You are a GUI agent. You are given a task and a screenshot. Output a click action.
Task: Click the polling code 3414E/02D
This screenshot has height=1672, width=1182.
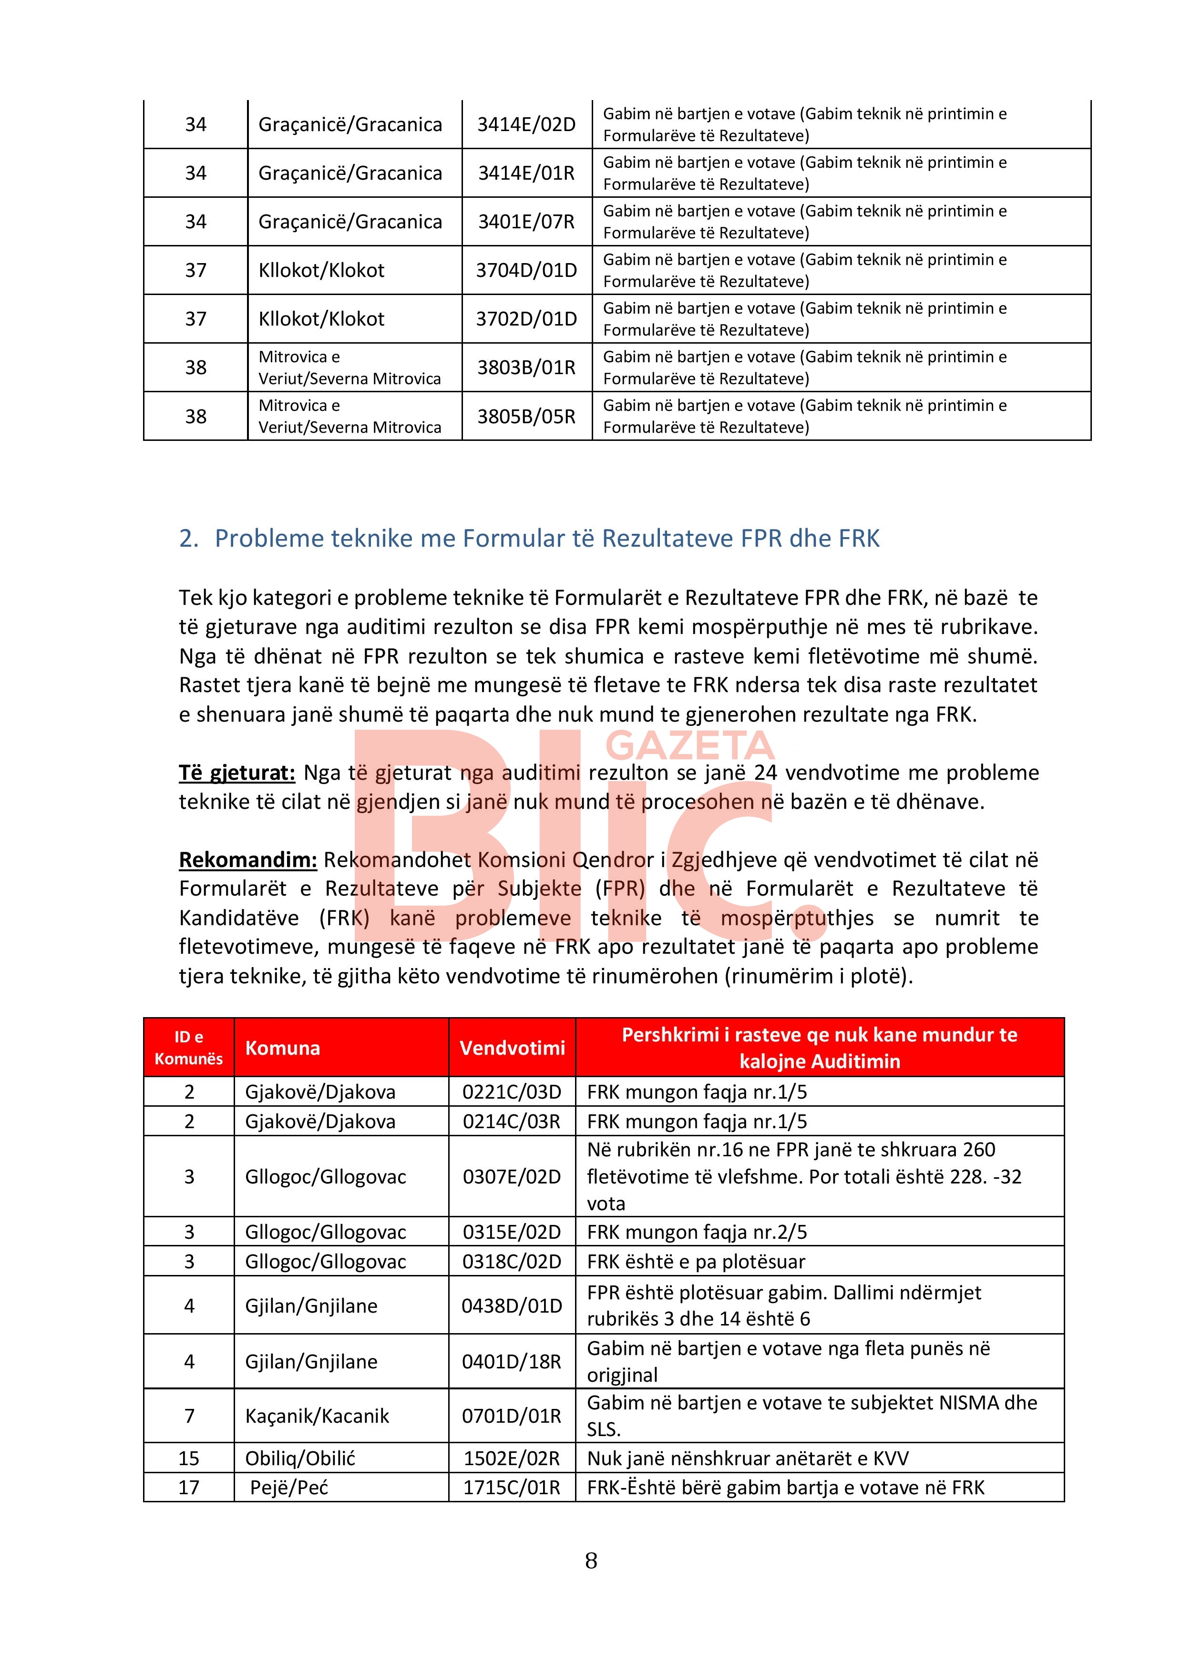[526, 124]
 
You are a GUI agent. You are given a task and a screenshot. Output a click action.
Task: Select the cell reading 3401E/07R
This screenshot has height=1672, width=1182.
[526, 221]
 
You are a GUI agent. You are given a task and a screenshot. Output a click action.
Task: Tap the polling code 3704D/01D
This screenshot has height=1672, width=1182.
[526, 270]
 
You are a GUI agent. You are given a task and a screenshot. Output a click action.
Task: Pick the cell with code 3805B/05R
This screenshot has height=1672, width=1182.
[526, 417]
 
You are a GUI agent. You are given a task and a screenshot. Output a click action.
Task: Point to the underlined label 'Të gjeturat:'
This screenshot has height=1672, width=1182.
[236, 772]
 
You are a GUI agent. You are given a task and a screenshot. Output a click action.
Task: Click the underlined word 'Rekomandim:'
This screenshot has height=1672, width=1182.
[247, 859]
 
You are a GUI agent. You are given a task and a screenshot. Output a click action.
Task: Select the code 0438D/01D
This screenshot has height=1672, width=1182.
[512, 1305]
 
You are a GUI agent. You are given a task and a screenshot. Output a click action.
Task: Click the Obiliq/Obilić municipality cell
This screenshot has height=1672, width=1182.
[300, 1458]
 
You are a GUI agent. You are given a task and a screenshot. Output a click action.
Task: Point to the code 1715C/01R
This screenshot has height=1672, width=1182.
[512, 1487]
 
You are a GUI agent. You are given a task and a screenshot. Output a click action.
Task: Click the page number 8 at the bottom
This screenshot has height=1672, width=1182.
[591, 1560]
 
